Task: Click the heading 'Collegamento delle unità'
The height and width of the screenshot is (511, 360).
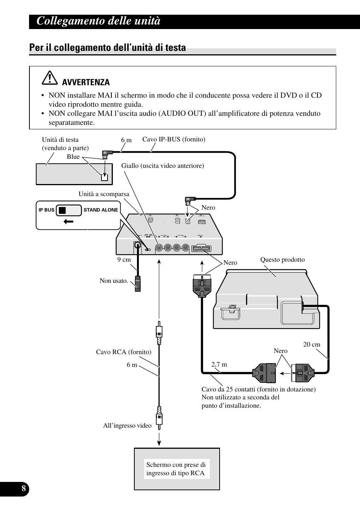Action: (x=98, y=21)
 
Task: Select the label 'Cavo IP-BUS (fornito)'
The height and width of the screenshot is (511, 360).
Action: (x=174, y=140)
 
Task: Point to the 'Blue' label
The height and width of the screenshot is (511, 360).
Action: (x=73, y=157)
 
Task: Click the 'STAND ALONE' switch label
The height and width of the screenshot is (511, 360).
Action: (x=101, y=210)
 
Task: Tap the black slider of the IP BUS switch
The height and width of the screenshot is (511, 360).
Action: (x=62, y=210)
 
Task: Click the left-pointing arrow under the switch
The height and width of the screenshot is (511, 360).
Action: (x=68, y=222)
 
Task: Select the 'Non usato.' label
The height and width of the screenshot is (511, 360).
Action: (x=114, y=281)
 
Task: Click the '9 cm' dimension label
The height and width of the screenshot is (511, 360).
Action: (x=124, y=259)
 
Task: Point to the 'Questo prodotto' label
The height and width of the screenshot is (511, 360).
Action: (x=282, y=259)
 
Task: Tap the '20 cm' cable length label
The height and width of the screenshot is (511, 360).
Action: (x=312, y=344)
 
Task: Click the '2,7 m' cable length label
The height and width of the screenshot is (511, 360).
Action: (x=219, y=364)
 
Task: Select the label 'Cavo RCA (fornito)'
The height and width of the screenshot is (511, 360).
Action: (x=123, y=352)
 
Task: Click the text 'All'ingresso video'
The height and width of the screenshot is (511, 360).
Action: (x=127, y=425)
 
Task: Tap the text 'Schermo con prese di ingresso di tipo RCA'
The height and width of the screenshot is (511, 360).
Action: (x=176, y=469)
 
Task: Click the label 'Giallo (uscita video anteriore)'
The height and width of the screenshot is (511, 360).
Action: (x=163, y=166)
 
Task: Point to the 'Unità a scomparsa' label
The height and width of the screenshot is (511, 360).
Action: (x=104, y=194)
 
